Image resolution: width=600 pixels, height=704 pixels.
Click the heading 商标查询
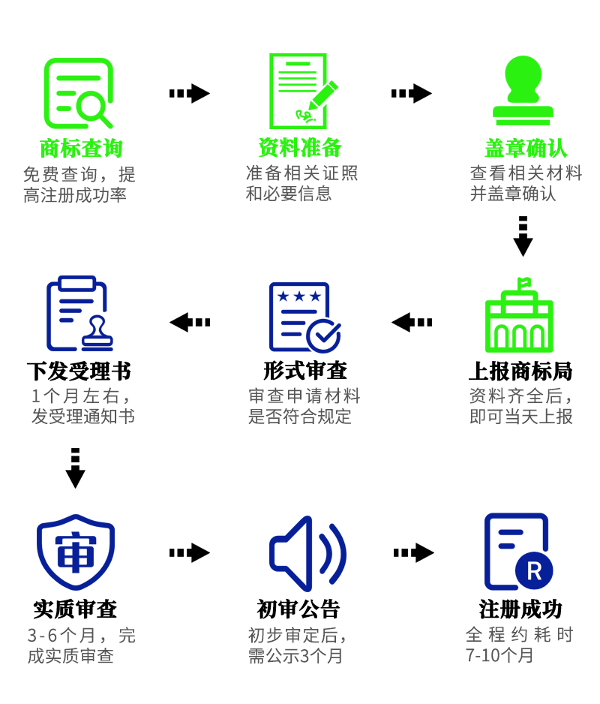tap(80, 148)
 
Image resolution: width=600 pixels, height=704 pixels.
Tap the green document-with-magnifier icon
tap(78, 93)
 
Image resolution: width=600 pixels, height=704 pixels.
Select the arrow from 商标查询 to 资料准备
tap(189, 93)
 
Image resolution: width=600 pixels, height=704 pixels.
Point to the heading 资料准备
tap(300, 147)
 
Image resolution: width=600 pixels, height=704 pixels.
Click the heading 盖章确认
tap(526, 148)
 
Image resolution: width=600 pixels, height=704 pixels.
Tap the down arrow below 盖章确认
tap(523, 236)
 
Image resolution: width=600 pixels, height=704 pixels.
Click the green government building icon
tap(519, 317)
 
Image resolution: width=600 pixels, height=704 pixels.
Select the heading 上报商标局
tap(520, 371)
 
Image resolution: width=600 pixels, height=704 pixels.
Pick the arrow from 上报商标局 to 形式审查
tap(412, 322)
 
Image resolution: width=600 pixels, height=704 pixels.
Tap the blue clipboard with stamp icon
tap(79, 315)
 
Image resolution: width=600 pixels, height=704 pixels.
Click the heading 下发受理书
tap(79, 371)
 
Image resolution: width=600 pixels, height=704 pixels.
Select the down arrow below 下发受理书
tap(75, 468)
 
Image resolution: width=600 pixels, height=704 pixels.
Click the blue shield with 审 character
tap(76, 552)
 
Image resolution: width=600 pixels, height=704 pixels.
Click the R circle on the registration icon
tap(534, 571)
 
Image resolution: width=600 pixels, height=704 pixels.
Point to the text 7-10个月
tap(499, 654)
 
